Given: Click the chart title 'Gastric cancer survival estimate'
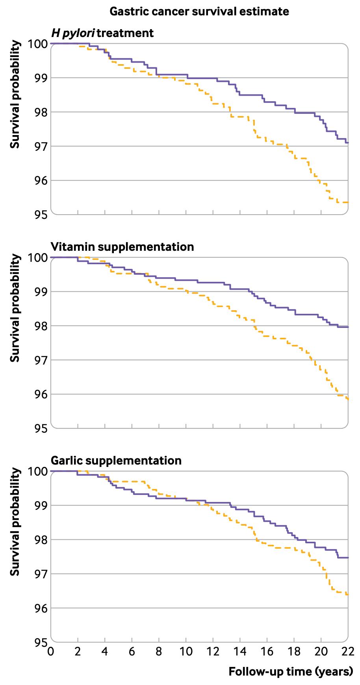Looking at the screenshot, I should pos(199,11).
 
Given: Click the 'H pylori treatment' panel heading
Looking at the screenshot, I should pos(102,33).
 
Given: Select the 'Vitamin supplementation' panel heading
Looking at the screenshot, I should pos(122,247).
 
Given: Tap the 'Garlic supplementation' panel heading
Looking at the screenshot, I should pos(116,461).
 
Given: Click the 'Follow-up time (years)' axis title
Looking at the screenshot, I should pos(291,671).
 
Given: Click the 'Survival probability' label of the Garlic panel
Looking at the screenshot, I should pos(15,522).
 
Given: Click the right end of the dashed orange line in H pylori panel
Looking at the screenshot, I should pos(348,202).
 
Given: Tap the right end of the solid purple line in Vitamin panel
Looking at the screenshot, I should pos(348,327).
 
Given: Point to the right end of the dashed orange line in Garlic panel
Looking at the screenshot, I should pos(348,594).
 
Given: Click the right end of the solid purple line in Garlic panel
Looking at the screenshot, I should pos(348,557).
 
